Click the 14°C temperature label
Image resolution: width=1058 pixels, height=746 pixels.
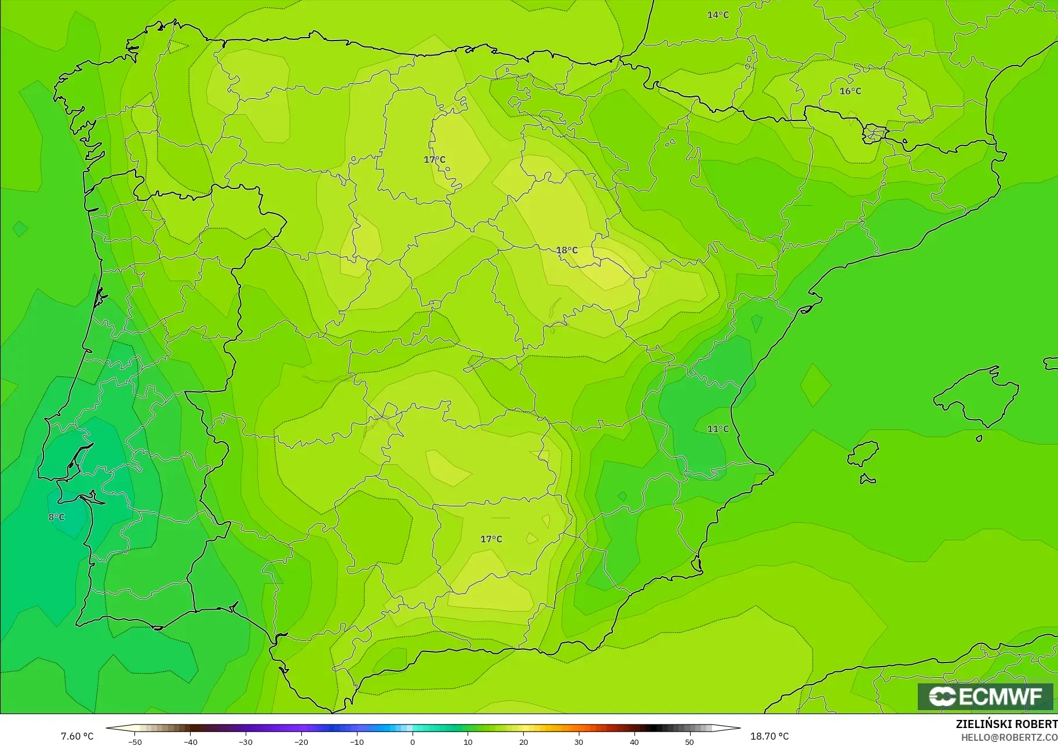tap(718, 15)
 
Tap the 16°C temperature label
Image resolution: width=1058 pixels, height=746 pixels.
tap(850, 91)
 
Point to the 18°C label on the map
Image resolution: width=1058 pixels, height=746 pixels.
tap(567, 250)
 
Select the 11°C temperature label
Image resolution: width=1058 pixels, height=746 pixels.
tap(718, 429)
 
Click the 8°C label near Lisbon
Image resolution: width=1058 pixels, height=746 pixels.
tap(57, 517)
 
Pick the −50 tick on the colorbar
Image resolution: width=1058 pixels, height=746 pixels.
tap(135, 741)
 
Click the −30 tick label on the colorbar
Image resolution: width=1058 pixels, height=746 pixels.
tap(246, 741)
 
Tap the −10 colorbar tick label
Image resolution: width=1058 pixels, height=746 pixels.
tap(357, 741)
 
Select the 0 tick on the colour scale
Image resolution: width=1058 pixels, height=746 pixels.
tap(413, 741)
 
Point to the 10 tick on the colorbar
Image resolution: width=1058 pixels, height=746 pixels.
tap(468, 741)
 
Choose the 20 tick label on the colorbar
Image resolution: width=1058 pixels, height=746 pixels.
tap(523, 741)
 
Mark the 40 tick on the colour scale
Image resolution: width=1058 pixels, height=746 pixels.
tap(634, 741)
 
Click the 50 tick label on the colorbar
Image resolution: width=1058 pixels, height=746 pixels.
tap(689, 741)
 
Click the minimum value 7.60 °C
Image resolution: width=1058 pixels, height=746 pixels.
tap(77, 736)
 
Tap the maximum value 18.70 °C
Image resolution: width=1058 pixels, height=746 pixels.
tap(769, 736)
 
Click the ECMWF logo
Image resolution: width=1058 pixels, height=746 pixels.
tap(985, 696)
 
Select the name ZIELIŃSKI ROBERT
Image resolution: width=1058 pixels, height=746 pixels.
tap(1006, 725)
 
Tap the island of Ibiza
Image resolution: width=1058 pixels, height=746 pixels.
tap(863, 453)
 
